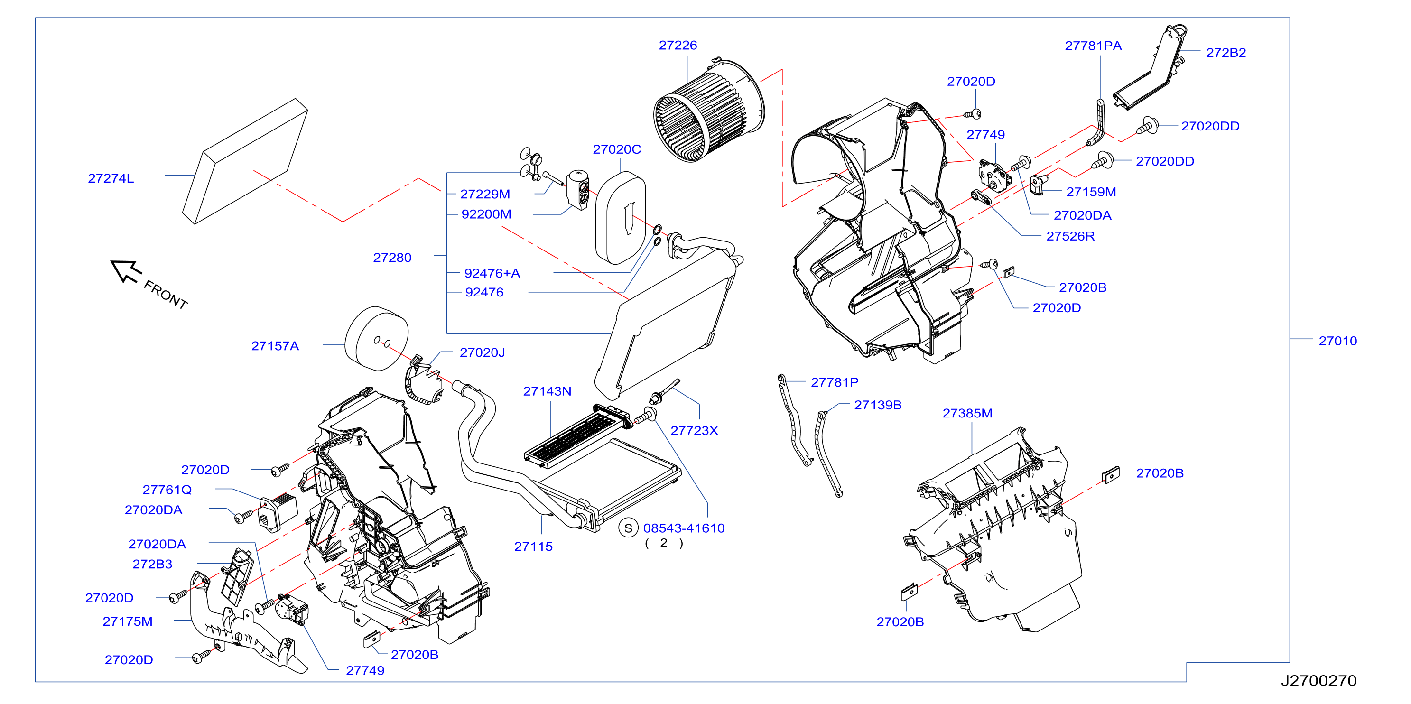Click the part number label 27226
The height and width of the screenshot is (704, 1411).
(678, 46)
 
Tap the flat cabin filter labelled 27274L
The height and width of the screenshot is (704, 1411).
(245, 161)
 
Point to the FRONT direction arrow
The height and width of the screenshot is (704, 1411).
(127, 271)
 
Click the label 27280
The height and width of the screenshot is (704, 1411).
(392, 258)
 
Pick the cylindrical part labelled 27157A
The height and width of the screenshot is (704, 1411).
(377, 338)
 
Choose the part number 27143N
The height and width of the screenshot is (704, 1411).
(547, 391)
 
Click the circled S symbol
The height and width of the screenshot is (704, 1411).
(628, 528)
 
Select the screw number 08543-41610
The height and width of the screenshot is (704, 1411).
(684, 528)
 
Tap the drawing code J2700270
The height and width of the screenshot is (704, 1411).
(1318, 681)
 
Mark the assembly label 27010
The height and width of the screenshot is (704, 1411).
(1337, 341)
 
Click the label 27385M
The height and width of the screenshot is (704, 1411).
(967, 413)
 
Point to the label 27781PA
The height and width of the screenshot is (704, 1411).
(1093, 46)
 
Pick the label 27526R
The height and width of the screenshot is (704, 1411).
(1070, 236)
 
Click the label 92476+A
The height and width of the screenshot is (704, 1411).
(492, 273)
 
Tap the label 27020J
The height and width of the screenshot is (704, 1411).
(482, 352)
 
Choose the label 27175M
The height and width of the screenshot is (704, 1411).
(128, 621)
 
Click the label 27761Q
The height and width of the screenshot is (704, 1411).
(167, 490)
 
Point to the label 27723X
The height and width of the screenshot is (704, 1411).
(694, 431)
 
